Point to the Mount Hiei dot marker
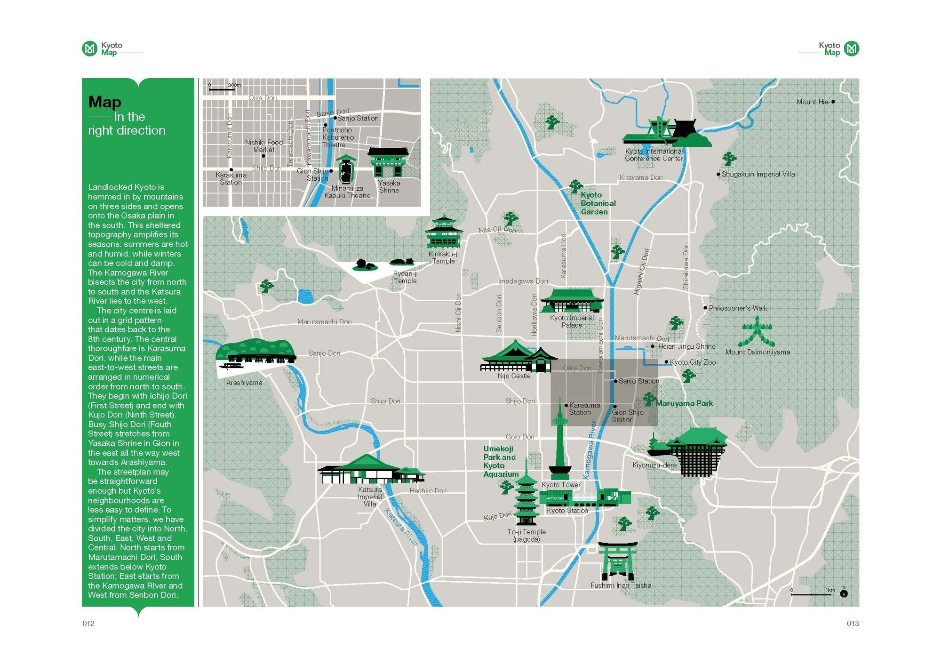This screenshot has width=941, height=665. click(833, 102)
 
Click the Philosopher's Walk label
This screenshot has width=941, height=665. click(738, 308)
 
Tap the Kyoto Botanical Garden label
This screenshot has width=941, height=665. click(598, 203)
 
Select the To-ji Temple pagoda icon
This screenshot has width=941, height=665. click(526, 499)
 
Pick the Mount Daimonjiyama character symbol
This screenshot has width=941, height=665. click(757, 332)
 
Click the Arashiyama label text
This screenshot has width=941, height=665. click(244, 383)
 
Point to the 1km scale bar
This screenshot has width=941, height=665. click(811, 595)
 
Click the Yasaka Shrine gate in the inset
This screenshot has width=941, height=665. click(388, 162)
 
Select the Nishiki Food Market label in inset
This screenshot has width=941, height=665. click(263, 146)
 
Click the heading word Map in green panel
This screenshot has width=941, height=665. click(104, 102)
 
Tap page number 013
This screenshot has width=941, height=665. click(853, 623)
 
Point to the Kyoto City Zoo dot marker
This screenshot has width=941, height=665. click(666, 362)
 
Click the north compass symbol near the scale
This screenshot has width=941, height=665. click(844, 593)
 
